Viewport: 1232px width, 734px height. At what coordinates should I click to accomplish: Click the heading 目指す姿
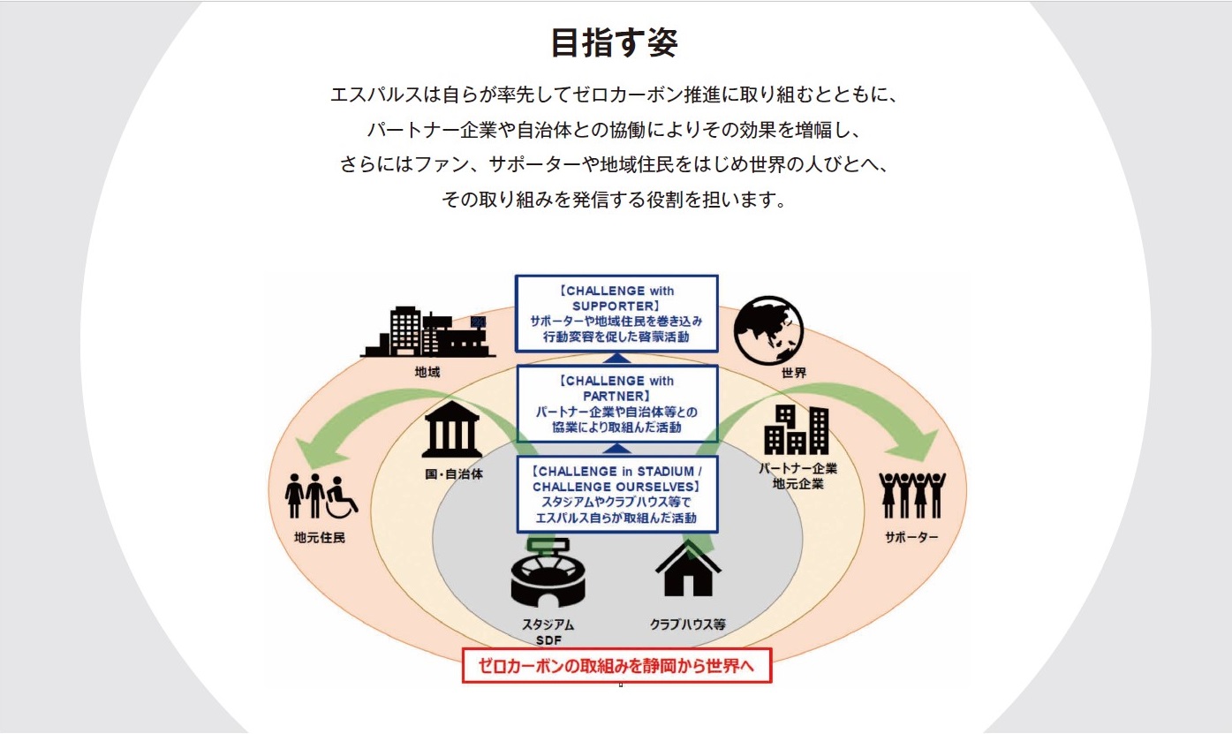pyautogui.click(x=615, y=42)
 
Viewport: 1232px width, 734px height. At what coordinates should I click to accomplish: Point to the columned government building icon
pyautogui.click(x=451, y=434)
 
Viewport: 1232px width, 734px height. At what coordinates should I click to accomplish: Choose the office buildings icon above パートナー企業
pyautogui.click(x=797, y=429)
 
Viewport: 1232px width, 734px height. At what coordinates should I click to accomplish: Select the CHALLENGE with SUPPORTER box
pyautogui.click(x=616, y=314)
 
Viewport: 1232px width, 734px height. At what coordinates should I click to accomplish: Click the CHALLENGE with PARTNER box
pyautogui.click(x=616, y=404)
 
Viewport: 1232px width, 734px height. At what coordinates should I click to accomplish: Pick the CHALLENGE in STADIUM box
pyautogui.click(x=616, y=495)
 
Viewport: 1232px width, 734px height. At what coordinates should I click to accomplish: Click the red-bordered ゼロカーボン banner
pyautogui.click(x=616, y=666)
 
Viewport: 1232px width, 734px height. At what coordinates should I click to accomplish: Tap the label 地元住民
pyautogui.click(x=320, y=536)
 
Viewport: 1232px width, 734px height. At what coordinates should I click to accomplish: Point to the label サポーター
pyautogui.click(x=911, y=536)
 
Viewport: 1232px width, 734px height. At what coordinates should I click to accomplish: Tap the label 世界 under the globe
pyautogui.click(x=793, y=373)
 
